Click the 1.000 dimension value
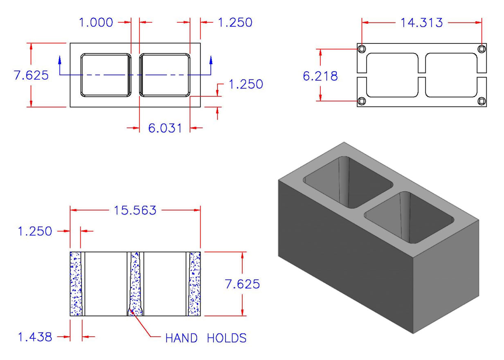[96, 22]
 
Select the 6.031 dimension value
[164, 128]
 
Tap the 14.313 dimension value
[421, 22]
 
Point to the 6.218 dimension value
[320, 76]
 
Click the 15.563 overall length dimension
[135, 210]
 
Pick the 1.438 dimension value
[35, 337]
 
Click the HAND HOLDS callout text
[206, 338]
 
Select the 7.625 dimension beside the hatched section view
[242, 284]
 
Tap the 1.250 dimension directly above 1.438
[35, 232]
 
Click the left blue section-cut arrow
[60, 61]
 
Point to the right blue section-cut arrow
[211, 61]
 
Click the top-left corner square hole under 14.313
[362, 49]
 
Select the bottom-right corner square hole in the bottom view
[482, 101]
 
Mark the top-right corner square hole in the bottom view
[482, 49]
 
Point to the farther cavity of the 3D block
[348, 182]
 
